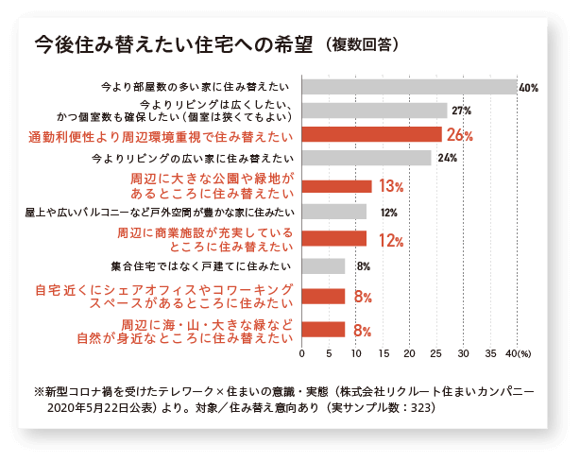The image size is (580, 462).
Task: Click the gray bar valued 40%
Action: click(x=409, y=87)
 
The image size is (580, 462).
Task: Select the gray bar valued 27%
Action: click(x=374, y=111)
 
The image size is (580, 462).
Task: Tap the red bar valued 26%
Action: click(x=371, y=134)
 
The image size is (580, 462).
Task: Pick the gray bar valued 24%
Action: click(x=367, y=158)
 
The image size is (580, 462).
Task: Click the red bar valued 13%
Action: click(x=336, y=186)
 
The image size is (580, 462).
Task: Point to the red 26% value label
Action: click(x=460, y=135)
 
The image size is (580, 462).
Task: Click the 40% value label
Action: click(x=528, y=88)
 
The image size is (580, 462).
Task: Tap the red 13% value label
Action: click(x=391, y=186)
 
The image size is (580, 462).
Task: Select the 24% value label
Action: click(x=448, y=158)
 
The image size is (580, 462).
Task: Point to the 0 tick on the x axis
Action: click(x=301, y=353)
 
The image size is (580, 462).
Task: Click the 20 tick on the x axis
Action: click(x=409, y=353)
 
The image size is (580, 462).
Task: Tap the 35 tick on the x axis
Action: click(x=490, y=353)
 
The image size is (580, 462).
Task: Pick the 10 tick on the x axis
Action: click(x=355, y=353)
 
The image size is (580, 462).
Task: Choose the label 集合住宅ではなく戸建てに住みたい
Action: click(x=203, y=266)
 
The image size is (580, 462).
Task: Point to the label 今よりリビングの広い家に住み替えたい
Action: click(x=193, y=158)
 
